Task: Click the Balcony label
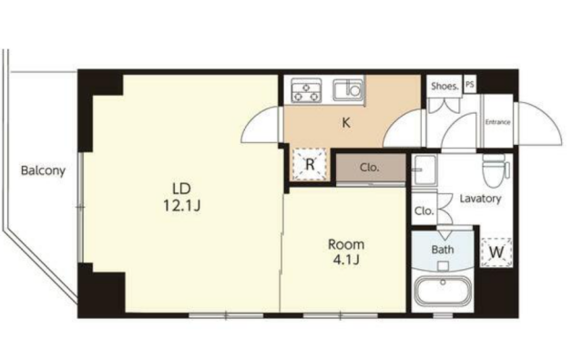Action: pyautogui.click(x=43, y=170)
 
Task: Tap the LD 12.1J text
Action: pyautogui.click(x=182, y=197)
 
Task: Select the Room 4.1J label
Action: pyautogui.click(x=346, y=252)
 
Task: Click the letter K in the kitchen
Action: pyautogui.click(x=346, y=123)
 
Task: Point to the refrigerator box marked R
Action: pyautogui.click(x=310, y=164)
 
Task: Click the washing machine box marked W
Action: pyautogui.click(x=496, y=252)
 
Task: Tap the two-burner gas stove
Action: pyautogui.click(x=306, y=90)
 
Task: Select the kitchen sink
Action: pyautogui.click(x=348, y=89)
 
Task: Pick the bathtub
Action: pyautogui.click(x=443, y=290)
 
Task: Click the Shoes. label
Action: pyautogui.click(x=445, y=87)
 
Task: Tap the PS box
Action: pyautogui.click(x=470, y=84)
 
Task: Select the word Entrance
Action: pyautogui.click(x=498, y=122)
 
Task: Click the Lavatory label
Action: pyautogui.click(x=480, y=198)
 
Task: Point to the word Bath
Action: pyautogui.click(x=443, y=249)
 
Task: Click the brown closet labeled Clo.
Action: pyautogui.click(x=371, y=168)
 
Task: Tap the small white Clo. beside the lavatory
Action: pyautogui.click(x=424, y=211)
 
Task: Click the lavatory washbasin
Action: pyautogui.click(x=424, y=170)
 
